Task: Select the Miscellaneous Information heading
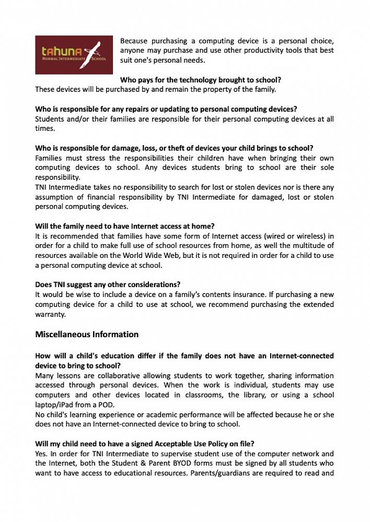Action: pyautogui.click(x=87, y=334)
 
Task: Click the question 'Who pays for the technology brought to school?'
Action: pyautogui.click(x=201, y=80)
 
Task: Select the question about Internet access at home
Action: pyautogui.click(x=125, y=226)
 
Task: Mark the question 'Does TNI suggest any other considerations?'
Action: pyautogui.click(x=108, y=284)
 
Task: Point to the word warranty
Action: pyautogui.click(x=51, y=314)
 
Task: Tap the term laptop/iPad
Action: pyautogui.click(x=56, y=405)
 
